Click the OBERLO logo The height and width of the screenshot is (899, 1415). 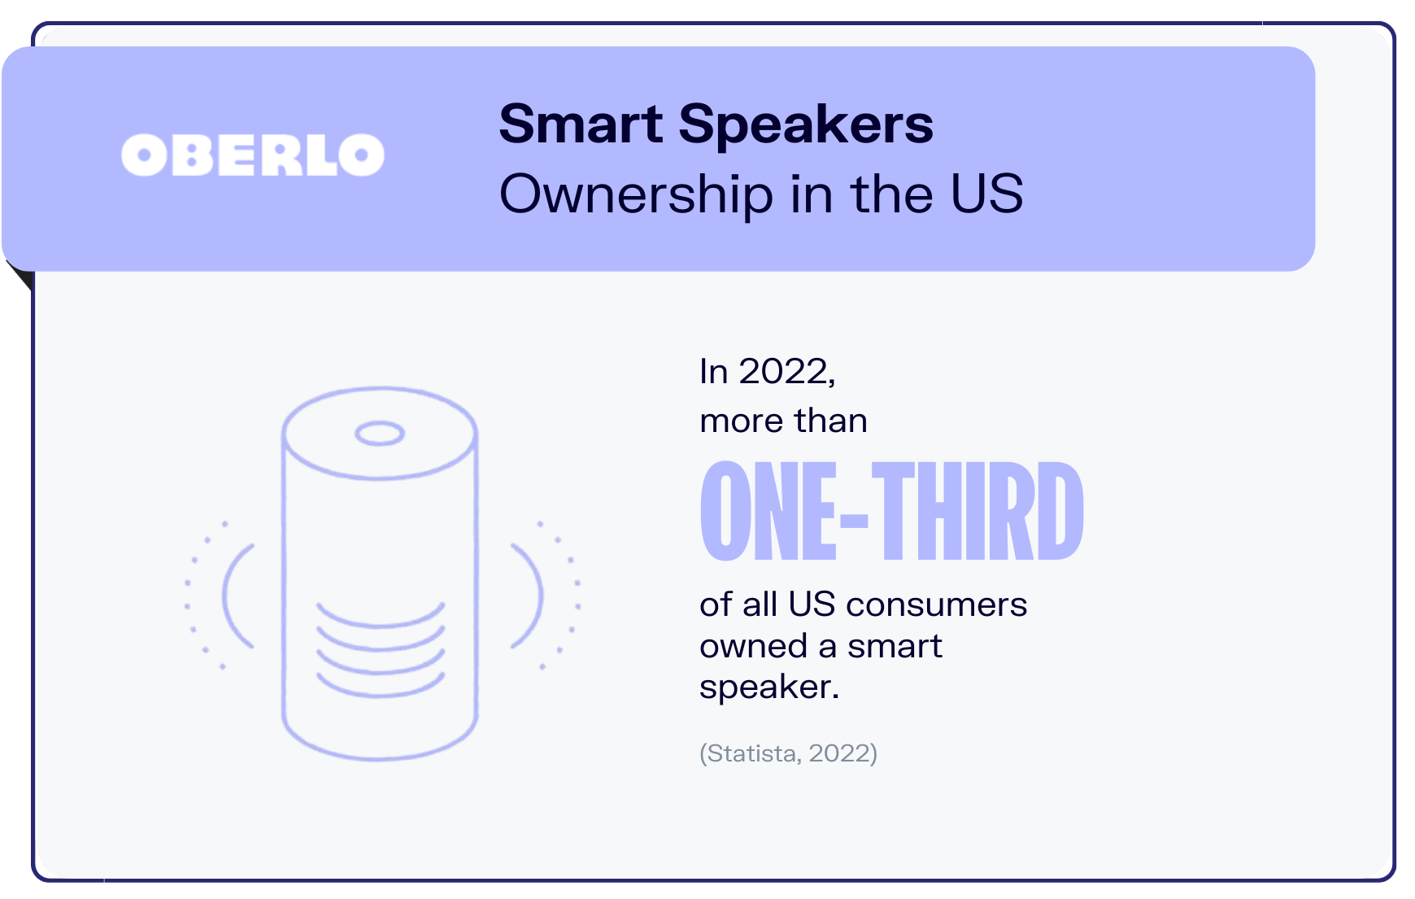tap(253, 155)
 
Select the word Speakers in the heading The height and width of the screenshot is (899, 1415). tap(806, 126)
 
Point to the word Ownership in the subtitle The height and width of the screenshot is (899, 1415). tap(636, 195)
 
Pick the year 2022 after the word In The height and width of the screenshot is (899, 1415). tap(787, 372)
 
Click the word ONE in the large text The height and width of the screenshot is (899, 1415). tap(768, 511)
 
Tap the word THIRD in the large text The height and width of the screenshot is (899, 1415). tap(977, 511)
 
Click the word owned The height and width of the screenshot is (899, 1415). tap(753, 646)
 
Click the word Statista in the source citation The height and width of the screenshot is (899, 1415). tap(751, 753)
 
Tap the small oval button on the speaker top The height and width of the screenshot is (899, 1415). tap(380, 434)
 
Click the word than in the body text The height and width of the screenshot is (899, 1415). tap(831, 421)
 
